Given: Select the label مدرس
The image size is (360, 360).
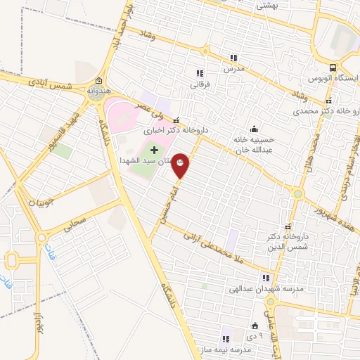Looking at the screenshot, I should [233, 70].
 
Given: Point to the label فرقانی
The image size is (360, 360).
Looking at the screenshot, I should [200, 85].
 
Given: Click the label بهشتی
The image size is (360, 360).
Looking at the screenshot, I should [268, 5].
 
